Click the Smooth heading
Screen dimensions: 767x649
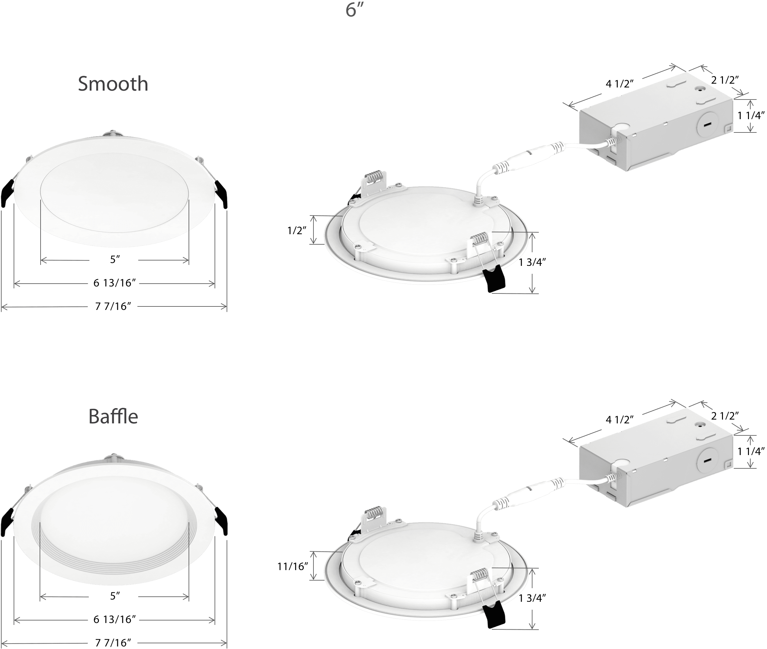click(x=113, y=84)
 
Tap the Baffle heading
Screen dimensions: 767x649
click(x=113, y=417)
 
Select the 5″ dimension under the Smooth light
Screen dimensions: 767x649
click(x=115, y=260)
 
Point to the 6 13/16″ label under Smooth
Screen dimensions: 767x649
click(x=114, y=283)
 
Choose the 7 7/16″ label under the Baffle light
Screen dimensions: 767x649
click(x=113, y=643)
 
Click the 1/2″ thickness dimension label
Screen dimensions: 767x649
click(x=297, y=231)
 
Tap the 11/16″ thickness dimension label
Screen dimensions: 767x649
click(x=293, y=567)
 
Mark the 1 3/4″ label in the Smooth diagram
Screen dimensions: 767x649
click(x=532, y=262)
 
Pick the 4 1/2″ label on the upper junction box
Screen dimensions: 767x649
click(x=620, y=84)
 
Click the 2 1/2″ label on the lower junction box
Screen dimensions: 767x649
click(x=725, y=416)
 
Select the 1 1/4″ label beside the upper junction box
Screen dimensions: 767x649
click(x=751, y=116)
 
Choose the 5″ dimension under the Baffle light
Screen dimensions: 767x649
click(x=115, y=596)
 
